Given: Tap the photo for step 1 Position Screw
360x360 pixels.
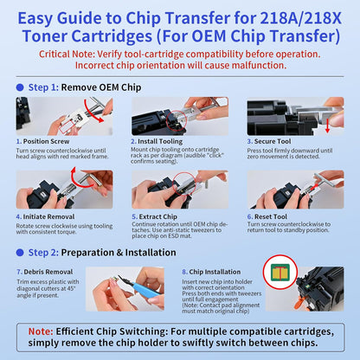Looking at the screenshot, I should [65, 115].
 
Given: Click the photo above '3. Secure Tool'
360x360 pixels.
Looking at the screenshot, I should [295, 115].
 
